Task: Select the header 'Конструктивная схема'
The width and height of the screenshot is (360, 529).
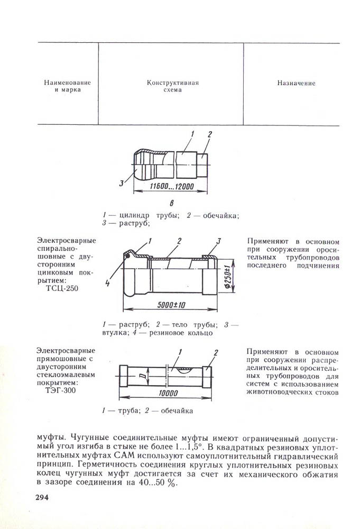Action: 171,87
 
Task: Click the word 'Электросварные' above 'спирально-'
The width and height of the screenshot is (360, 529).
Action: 67,241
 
